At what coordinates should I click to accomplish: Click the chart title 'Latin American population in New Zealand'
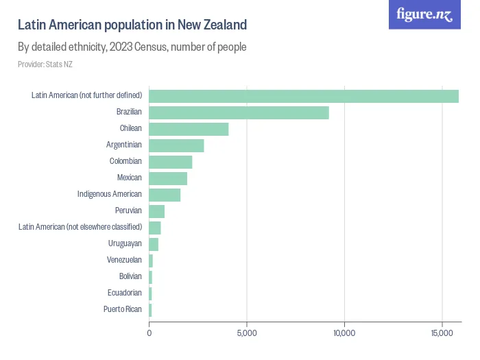click(132, 25)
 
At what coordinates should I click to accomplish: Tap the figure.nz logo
click(425, 15)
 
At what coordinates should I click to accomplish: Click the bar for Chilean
click(189, 129)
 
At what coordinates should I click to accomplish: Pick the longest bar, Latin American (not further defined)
click(304, 96)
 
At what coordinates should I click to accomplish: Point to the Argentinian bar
click(176, 145)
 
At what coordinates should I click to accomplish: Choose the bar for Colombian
click(170, 162)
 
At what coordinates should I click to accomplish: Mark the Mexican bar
click(168, 178)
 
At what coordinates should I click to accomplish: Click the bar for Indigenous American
click(165, 195)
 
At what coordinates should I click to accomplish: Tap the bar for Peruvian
click(156, 211)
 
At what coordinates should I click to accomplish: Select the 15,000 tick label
click(442, 333)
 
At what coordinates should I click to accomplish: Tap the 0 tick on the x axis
click(149, 333)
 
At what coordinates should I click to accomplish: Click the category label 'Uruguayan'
click(125, 243)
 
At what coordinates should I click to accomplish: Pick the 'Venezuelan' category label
click(124, 260)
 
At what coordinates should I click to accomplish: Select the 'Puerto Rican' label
click(123, 309)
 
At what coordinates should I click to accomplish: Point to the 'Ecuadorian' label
click(125, 293)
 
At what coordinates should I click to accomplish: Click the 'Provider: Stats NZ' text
click(45, 64)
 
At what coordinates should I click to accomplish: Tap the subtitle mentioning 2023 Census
click(132, 47)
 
